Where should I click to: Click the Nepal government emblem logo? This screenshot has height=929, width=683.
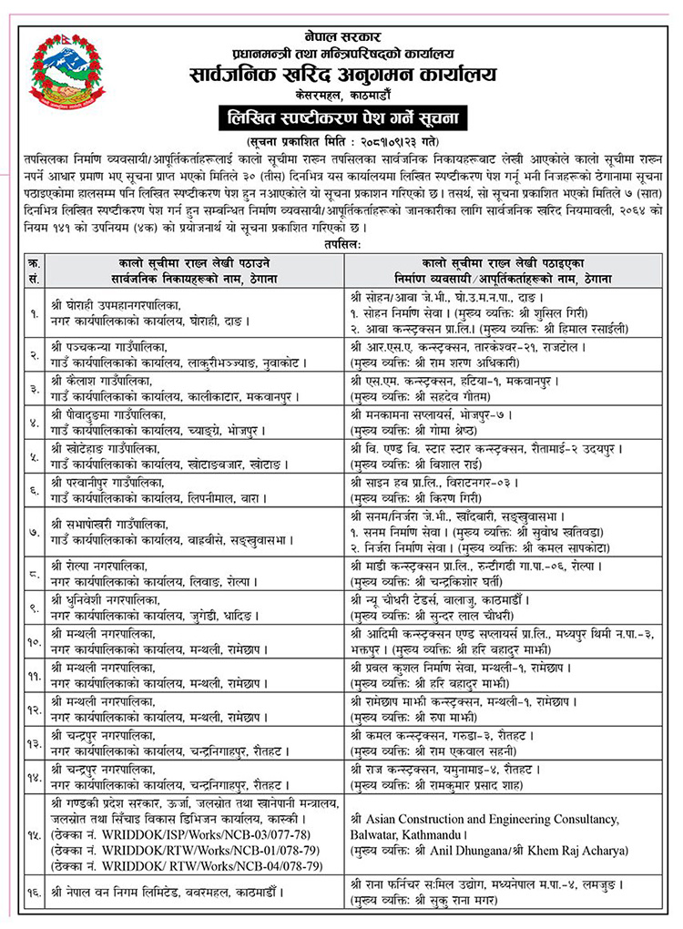coord(67,71)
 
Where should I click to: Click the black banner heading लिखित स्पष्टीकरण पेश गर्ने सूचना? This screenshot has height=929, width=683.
coord(341,117)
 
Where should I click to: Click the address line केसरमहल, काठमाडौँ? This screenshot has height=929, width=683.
coord(341,93)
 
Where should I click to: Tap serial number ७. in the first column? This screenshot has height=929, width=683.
coord(33,528)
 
